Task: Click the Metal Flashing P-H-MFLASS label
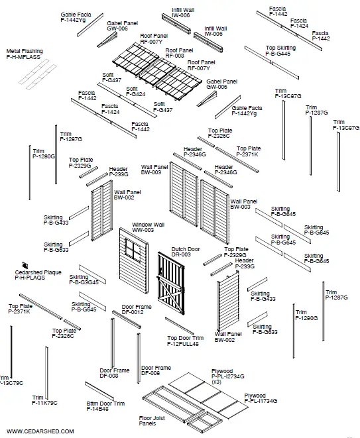(25, 54)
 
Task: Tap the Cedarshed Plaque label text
(37, 275)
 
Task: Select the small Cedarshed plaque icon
(25, 264)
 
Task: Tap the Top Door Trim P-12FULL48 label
(185, 341)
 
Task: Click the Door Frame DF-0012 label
(136, 309)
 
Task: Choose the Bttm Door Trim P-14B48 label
(105, 406)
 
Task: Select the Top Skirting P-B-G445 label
(280, 51)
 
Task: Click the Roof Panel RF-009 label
(179, 53)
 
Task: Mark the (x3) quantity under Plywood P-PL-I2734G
(217, 382)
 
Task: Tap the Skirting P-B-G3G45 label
(84, 280)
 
